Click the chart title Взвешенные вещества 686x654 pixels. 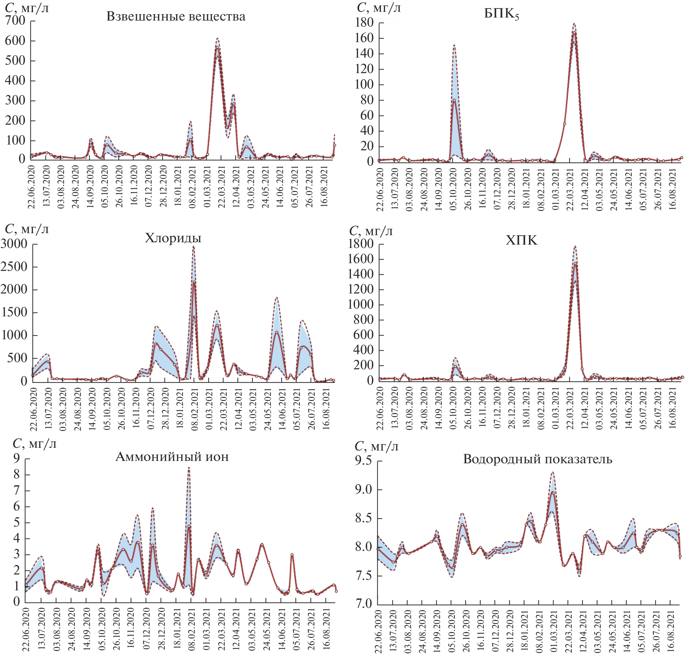pos(176,17)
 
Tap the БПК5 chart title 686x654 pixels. pos(501,14)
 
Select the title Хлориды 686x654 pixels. pos(173,238)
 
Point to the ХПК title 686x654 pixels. pos(522,240)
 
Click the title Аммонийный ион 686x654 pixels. pos(172,456)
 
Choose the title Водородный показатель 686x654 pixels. pos(537,459)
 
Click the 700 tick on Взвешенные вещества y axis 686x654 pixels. pos(15,21)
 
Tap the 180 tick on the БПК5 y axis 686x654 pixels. pos(364,23)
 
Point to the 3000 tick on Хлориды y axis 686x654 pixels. pos(14,244)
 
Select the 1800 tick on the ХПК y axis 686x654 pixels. pos(361,244)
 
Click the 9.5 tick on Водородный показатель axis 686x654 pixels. pos(363,461)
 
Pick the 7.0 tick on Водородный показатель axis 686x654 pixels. pos(364,603)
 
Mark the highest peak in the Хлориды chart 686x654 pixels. pos(193,246)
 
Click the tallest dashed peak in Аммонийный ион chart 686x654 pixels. pos(189,468)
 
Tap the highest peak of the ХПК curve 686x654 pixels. pos(575,246)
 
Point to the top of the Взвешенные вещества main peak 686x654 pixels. pos(217,39)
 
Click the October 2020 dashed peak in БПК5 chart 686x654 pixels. pos(454,45)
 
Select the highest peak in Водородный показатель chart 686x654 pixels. pos(553,472)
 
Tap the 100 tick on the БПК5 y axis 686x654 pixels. pos(364,84)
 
